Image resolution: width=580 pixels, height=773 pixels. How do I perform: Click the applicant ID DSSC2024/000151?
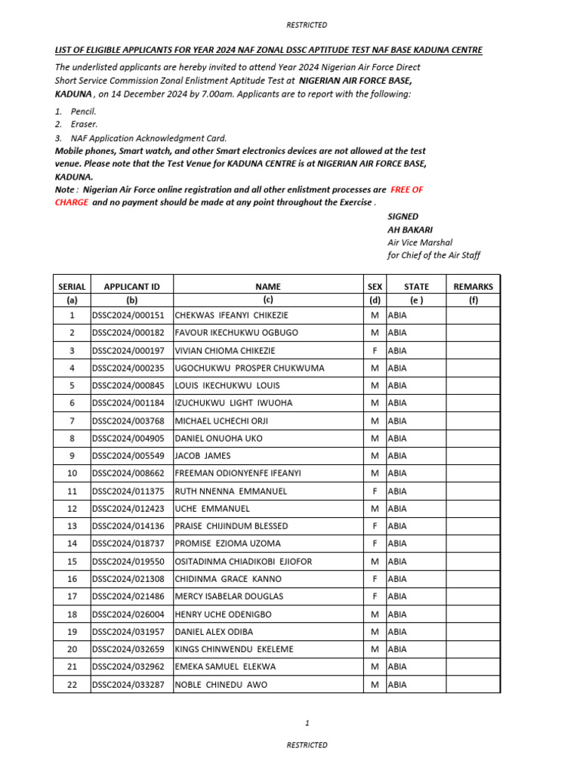click(x=128, y=316)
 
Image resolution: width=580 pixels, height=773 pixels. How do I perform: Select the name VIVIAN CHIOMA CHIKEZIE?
click(x=225, y=350)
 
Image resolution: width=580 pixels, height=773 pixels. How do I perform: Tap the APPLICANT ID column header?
click(x=131, y=287)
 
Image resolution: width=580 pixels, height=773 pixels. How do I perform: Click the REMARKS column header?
click(x=473, y=287)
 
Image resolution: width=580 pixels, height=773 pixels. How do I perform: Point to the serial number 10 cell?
click(x=72, y=473)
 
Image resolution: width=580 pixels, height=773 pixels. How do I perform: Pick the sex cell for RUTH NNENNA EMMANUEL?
click(x=375, y=491)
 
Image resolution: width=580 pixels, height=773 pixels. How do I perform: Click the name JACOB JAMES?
click(x=202, y=456)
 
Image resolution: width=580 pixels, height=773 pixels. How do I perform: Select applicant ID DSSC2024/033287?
click(x=128, y=685)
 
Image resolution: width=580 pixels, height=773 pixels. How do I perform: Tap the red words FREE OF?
click(x=407, y=189)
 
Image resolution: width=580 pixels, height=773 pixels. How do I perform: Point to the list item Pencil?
click(x=83, y=111)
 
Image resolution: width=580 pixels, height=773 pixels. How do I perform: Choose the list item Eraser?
click(x=84, y=124)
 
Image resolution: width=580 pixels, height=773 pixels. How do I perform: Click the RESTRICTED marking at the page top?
click(x=307, y=25)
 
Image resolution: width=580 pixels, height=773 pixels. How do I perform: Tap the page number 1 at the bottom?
click(x=307, y=722)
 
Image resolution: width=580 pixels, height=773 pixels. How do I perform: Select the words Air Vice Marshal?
click(x=419, y=242)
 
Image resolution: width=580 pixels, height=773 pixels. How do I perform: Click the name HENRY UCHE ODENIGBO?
click(x=223, y=614)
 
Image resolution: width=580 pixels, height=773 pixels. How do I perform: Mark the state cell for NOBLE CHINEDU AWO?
click(x=397, y=685)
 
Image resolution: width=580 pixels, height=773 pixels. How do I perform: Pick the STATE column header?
click(x=416, y=287)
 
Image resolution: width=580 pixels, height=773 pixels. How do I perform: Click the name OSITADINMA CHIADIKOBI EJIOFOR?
click(x=243, y=562)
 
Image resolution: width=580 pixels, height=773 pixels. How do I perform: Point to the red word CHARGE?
click(x=71, y=202)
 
